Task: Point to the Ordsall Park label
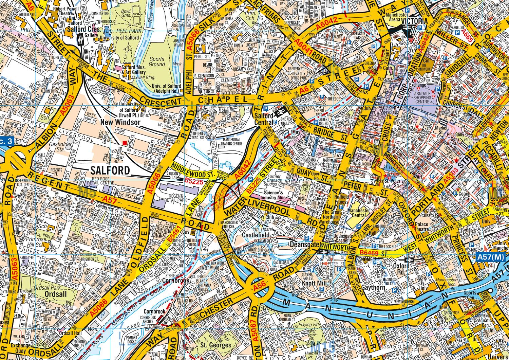tap(57, 293)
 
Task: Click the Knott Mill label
tap(315, 283)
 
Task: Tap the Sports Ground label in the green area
tap(157, 61)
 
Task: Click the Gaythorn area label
tap(370, 287)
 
